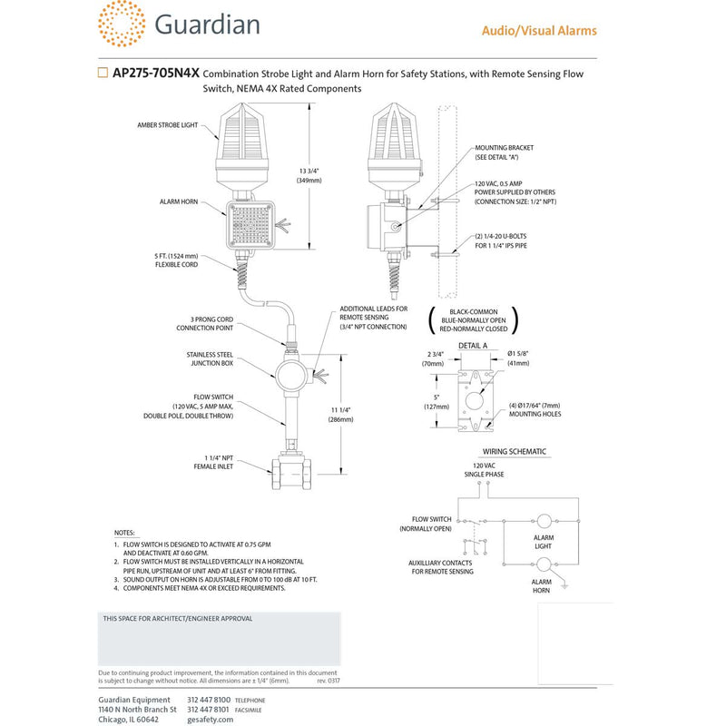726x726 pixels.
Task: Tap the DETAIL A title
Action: (x=472, y=346)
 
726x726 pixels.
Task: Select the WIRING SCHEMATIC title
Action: (x=513, y=452)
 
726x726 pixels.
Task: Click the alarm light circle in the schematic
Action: (x=543, y=521)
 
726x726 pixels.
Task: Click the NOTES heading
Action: (x=124, y=532)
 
